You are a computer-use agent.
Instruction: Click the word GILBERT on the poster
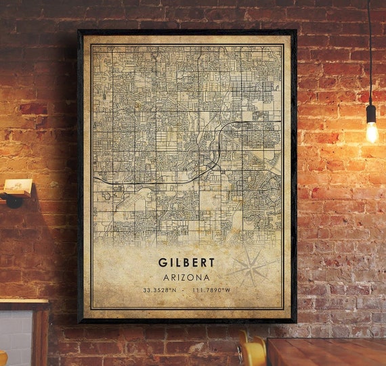click(186, 262)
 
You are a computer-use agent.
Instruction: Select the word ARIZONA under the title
click(186, 277)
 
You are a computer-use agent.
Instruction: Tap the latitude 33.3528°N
click(160, 290)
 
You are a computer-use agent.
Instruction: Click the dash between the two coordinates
click(186, 290)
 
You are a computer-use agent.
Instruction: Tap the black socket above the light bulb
click(371, 112)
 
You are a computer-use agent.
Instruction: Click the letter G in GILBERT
click(163, 262)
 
